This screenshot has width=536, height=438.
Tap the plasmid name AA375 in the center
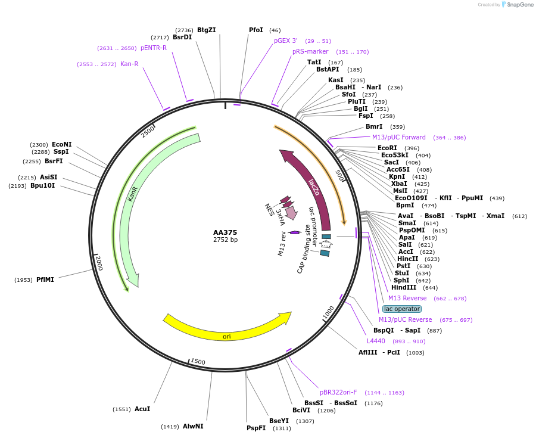click(x=225, y=232)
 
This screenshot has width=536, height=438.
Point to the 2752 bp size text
click(x=225, y=240)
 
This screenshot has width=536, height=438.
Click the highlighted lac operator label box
click(x=401, y=309)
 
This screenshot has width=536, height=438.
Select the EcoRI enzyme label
click(x=387, y=148)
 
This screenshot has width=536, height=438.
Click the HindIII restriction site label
click(x=404, y=288)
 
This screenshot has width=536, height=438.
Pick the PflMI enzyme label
click(x=45, y=279)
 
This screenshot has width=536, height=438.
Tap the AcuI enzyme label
click(x=142, y=409)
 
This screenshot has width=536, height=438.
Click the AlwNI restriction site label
click(x=193, y=426)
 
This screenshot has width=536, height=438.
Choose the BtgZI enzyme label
click(x=207, y=30)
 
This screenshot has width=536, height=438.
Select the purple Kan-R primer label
click(x=129, y=64)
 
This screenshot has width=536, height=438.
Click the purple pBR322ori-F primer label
click(x=338, y=392)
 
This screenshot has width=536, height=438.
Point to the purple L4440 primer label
click(x=376, y=341)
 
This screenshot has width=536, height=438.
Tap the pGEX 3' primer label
click(x=286, y=41)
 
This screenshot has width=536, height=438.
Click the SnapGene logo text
click(x=518, y=5)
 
